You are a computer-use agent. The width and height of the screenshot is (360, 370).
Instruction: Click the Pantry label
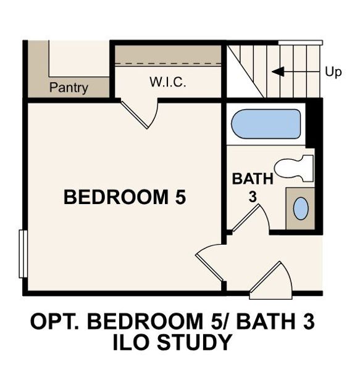(x=69, y=88)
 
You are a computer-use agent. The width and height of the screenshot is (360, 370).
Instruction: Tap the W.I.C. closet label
(x=168, y=82)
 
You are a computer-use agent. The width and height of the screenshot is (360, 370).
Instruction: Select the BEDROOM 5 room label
(x=125, y=197)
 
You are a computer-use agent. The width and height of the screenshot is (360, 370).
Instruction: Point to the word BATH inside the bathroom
(x=253, y=179)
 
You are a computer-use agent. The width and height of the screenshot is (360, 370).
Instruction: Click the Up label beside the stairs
(x=333, y=72)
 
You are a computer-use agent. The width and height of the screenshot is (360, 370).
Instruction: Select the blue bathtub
(x=266, y=124)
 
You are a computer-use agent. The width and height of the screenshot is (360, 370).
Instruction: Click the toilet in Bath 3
(x=294, y=168)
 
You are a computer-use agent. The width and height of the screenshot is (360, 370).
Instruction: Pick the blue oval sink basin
(x=301, y=208)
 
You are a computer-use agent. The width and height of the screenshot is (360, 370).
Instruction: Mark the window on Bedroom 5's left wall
(x=23, y=254)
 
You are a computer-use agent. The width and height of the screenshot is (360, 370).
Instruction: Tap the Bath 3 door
(x=249, y=218)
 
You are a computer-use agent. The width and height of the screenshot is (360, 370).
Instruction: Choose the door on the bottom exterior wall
(x=272, y=281)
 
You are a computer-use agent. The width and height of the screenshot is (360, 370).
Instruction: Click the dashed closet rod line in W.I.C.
(x=168, y=64)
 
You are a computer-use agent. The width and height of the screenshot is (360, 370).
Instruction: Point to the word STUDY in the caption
(x=195, y=342)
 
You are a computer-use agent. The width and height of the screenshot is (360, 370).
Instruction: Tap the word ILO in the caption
(x=132, y=342)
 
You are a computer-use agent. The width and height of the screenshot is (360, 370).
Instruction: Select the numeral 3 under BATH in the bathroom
(x=253, y=197)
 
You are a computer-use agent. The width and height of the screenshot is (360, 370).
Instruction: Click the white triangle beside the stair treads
(x=238, y=78)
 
